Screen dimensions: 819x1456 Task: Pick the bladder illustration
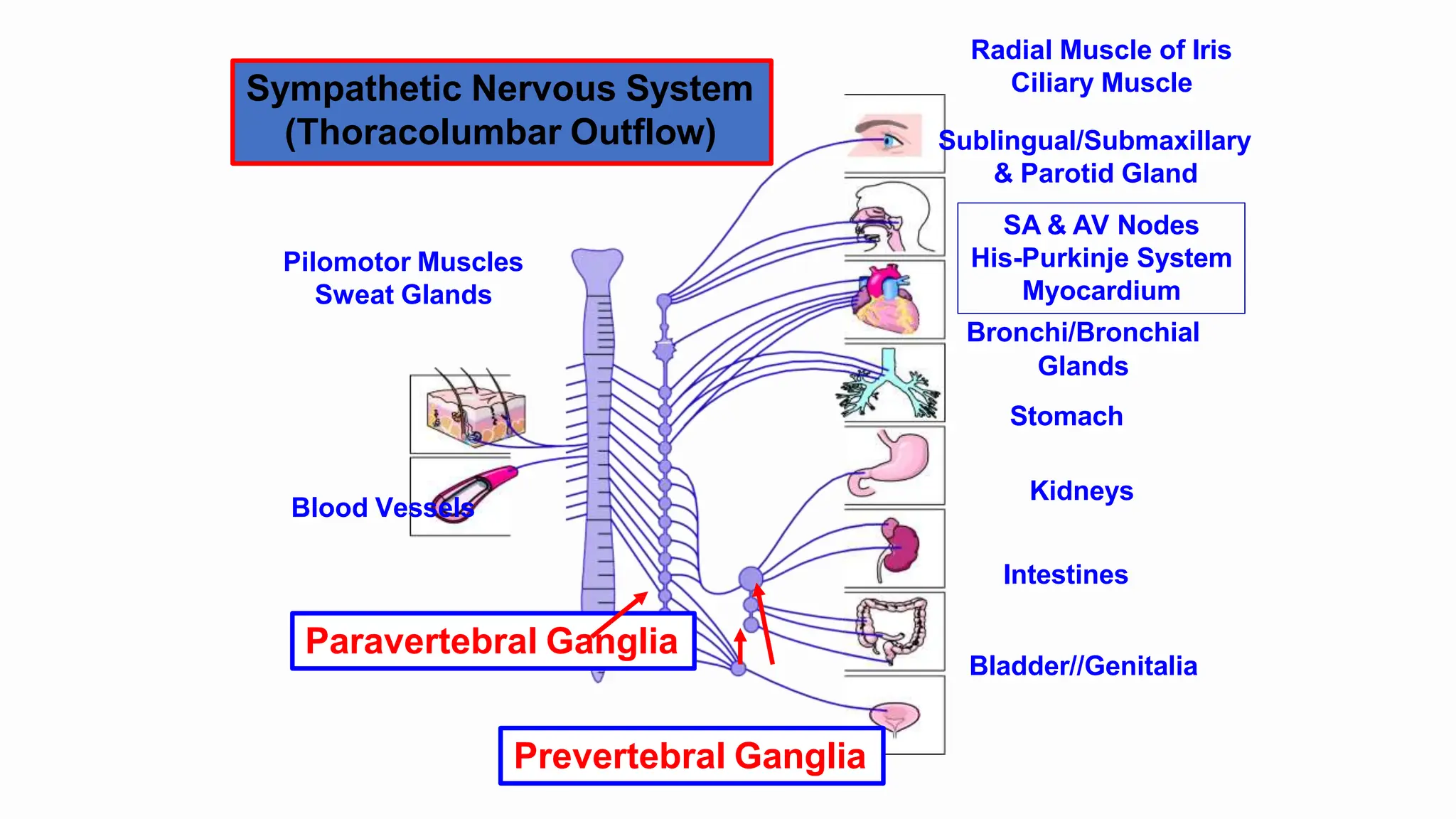[895, 717]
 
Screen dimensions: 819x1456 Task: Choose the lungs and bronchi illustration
[889, 385]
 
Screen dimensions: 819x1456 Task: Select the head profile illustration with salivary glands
[892, 217]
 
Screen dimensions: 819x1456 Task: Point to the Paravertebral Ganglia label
[492, 641]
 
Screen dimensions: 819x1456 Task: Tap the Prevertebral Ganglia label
[690, 756]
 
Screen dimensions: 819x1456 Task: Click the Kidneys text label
[1081, 491]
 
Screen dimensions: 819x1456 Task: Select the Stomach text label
[1066, 417]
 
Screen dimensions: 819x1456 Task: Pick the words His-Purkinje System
[1101, 258]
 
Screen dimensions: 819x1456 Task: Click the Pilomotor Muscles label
[403, 262]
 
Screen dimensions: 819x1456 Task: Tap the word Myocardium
[1101, 291]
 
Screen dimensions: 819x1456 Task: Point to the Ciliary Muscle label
[1101, 83]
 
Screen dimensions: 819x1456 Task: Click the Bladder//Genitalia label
[1083, 666]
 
